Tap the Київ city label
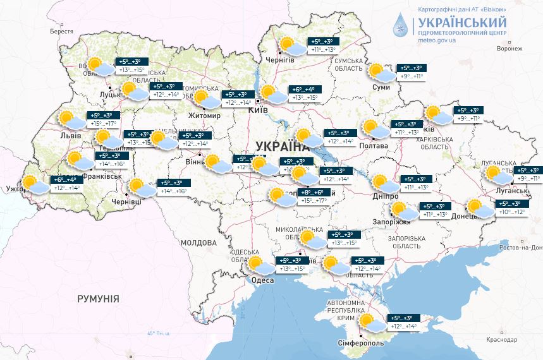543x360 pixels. point(258,110)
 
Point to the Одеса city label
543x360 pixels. point(262,280)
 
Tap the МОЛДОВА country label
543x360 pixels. point(198,243)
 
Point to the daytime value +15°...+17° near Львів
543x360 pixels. point(104,124)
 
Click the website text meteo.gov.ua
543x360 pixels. point(436,41)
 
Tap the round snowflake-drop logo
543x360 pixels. point(400,25)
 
